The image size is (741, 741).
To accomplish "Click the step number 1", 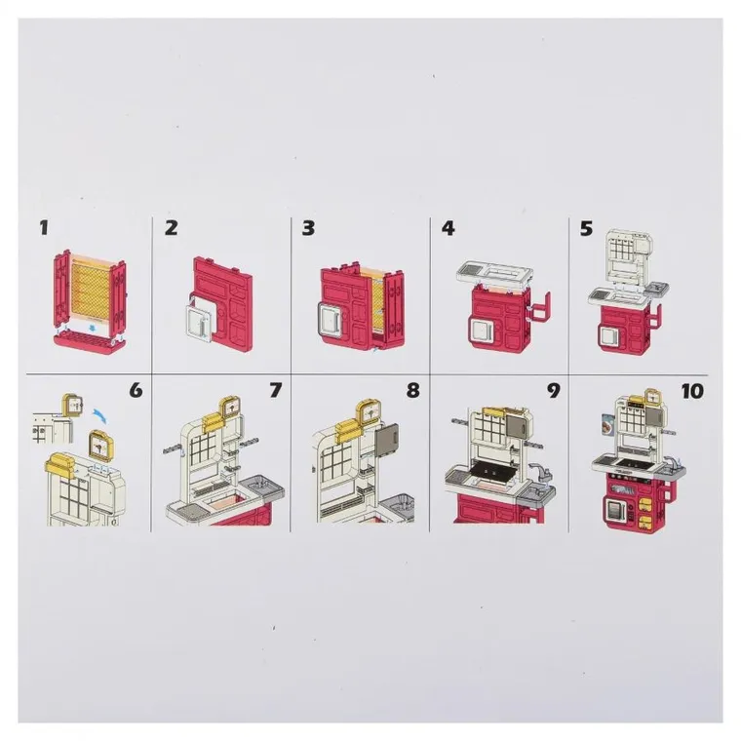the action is [44, 228].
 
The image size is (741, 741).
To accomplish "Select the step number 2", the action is [171, 228].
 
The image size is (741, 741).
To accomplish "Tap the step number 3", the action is [308, 228].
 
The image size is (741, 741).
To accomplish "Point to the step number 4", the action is [448, 228].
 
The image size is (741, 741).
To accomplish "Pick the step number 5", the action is [586, 228].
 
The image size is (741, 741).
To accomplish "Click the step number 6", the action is [136, 390].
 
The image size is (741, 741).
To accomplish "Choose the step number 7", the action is [275, 390].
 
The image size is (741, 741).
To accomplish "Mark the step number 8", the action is [412, 390].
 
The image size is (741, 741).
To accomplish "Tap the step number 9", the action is [554, 390].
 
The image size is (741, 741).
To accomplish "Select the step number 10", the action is [692, 391].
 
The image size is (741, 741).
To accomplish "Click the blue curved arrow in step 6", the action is [100, 416].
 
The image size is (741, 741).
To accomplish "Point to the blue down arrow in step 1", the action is [94, 327].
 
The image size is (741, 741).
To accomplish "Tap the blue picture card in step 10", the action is [606, 427].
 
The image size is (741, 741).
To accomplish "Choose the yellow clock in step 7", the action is [231, 408].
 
